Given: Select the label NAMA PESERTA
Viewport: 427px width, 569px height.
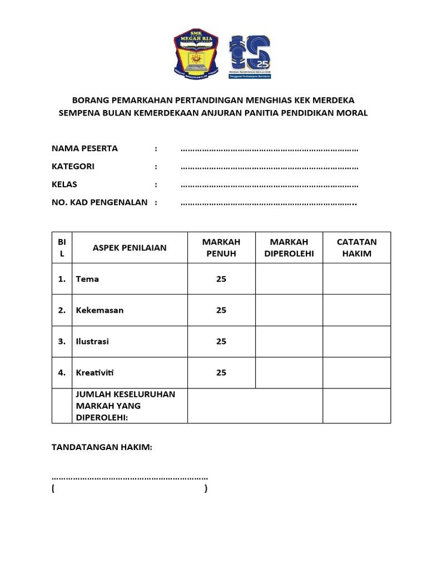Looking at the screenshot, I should [85, 148].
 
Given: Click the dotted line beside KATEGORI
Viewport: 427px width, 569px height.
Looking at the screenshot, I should [269, 167].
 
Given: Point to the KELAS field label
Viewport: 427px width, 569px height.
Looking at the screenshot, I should [64, 184].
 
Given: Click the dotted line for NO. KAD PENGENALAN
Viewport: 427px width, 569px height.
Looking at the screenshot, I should [269, 203].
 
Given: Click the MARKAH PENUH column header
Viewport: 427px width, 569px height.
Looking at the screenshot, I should [221, 248].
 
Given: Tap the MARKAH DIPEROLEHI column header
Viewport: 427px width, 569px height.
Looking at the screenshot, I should [289, 248].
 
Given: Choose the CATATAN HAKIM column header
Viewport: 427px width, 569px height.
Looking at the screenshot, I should [356, 248].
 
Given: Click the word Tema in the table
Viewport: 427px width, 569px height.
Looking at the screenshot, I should [87, 279].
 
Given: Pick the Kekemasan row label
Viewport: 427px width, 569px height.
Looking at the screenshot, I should [100, 310].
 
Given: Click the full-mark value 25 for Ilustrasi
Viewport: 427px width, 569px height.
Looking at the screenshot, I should [221, 341].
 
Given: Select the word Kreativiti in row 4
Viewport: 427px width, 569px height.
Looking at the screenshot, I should [95, 372].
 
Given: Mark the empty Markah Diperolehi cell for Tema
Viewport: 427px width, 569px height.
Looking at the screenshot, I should [289, 279].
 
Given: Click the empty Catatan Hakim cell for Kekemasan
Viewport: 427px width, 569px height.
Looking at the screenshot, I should [356, 310].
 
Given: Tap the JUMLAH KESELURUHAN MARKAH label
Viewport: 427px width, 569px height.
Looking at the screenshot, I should [125, 406].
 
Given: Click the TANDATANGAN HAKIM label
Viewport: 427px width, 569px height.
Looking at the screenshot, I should [102, 447].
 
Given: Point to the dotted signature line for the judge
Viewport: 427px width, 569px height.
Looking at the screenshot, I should [130, 477].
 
